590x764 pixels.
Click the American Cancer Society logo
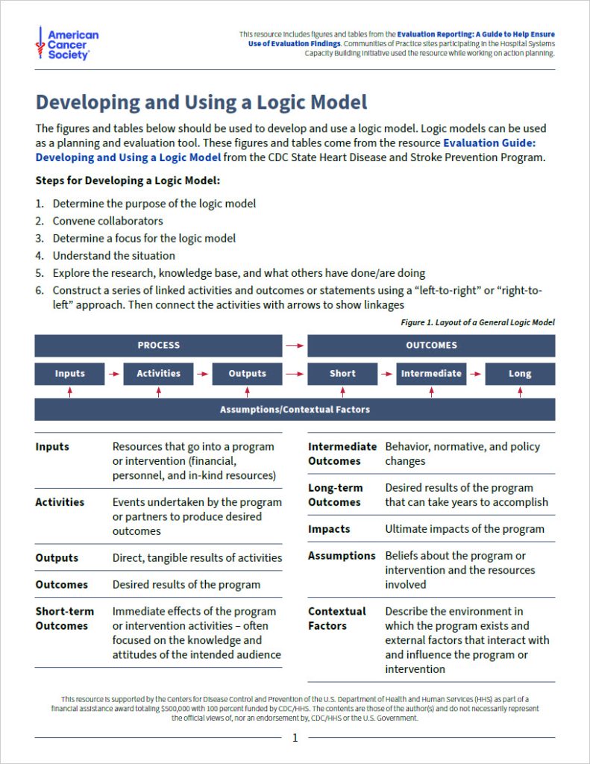coord(67,45)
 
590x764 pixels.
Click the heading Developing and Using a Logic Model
coord(201,102)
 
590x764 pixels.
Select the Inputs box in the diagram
coord(69,374)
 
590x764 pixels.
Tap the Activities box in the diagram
coord(158,374)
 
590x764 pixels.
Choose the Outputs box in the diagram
coord(247,374)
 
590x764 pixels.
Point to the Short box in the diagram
coord(342,374)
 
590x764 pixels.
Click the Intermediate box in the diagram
coord(431,374)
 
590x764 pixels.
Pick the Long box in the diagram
coord(520,374)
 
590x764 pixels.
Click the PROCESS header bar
coord(158,345)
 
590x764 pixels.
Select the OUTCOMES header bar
coord(431,345)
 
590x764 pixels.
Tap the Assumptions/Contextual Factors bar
coord(295,410)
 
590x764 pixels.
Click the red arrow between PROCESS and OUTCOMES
coord(295,345)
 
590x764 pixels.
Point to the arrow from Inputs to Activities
coord(114,374)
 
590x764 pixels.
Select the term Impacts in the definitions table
coord(329,529)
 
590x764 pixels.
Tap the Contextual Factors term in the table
coord(336,619)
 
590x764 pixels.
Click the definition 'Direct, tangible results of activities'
coord(197,557)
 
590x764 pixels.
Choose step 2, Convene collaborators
coord(107,221)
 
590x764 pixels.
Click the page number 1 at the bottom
coord(295,738)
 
